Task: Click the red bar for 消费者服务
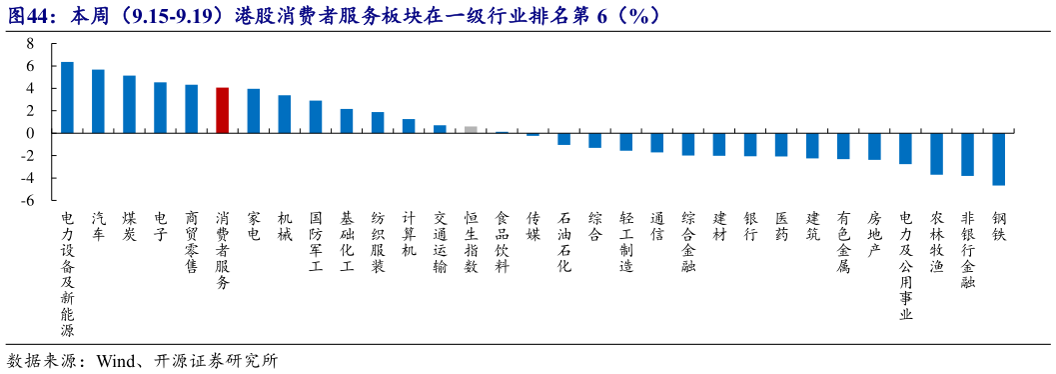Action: [x=222, y=110]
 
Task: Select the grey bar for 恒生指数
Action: [x=471, y=129]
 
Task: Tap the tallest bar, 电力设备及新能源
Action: [x=67, y=97]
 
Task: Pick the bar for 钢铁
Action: [x=998, y=159]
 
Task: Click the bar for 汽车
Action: [x=98, y=101]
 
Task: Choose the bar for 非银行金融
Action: [x=967, y=154]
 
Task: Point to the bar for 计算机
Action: [x=409, y=126]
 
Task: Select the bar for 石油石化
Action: [x=563, y=139]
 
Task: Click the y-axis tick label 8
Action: [x=31, y=43]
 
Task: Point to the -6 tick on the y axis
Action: [x=29, y=200]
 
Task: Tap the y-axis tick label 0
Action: [x=31, y=133]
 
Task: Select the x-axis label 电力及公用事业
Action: [x=905, y=265]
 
